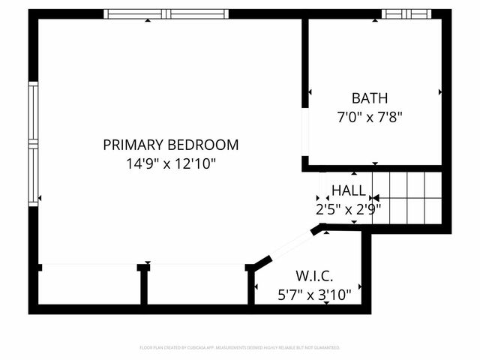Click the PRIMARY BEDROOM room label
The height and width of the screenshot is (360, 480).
click(171, 145)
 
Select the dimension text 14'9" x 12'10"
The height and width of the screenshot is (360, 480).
click(171, 163)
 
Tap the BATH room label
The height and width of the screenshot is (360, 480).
click(370, 98)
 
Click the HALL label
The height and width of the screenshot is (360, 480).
click(349, 190)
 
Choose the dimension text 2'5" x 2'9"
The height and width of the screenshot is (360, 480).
click(349, 209)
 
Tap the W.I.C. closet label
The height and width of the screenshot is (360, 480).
click(314, 276)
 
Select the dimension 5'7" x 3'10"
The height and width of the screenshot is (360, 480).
click(314, 295)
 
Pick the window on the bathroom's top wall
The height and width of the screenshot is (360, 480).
click(407, 13)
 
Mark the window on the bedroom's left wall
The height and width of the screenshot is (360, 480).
click(33, 142)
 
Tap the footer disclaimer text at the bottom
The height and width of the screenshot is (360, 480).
click(240, 347)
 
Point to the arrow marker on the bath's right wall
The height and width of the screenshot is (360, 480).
click(439, 92)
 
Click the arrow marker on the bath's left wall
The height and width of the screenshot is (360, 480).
click(310, 92)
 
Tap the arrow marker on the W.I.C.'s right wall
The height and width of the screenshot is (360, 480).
click(360, 286)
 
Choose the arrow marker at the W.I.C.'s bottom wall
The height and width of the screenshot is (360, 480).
click(326, 302)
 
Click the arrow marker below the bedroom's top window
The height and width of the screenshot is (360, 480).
click(147, 20)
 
